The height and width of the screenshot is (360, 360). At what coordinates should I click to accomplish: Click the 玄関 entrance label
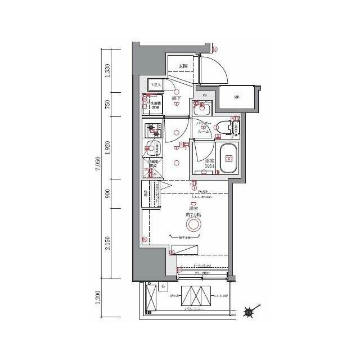coord(183,66)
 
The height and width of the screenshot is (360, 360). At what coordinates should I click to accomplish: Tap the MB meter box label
coord(237,97)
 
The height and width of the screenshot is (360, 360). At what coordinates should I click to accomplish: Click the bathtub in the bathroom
coord(228,157)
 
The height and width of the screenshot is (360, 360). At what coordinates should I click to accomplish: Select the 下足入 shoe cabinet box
coord(155,85)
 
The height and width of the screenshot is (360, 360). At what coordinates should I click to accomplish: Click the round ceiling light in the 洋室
coord(193,225)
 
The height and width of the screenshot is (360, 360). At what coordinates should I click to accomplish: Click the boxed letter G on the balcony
coord(163,287)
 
